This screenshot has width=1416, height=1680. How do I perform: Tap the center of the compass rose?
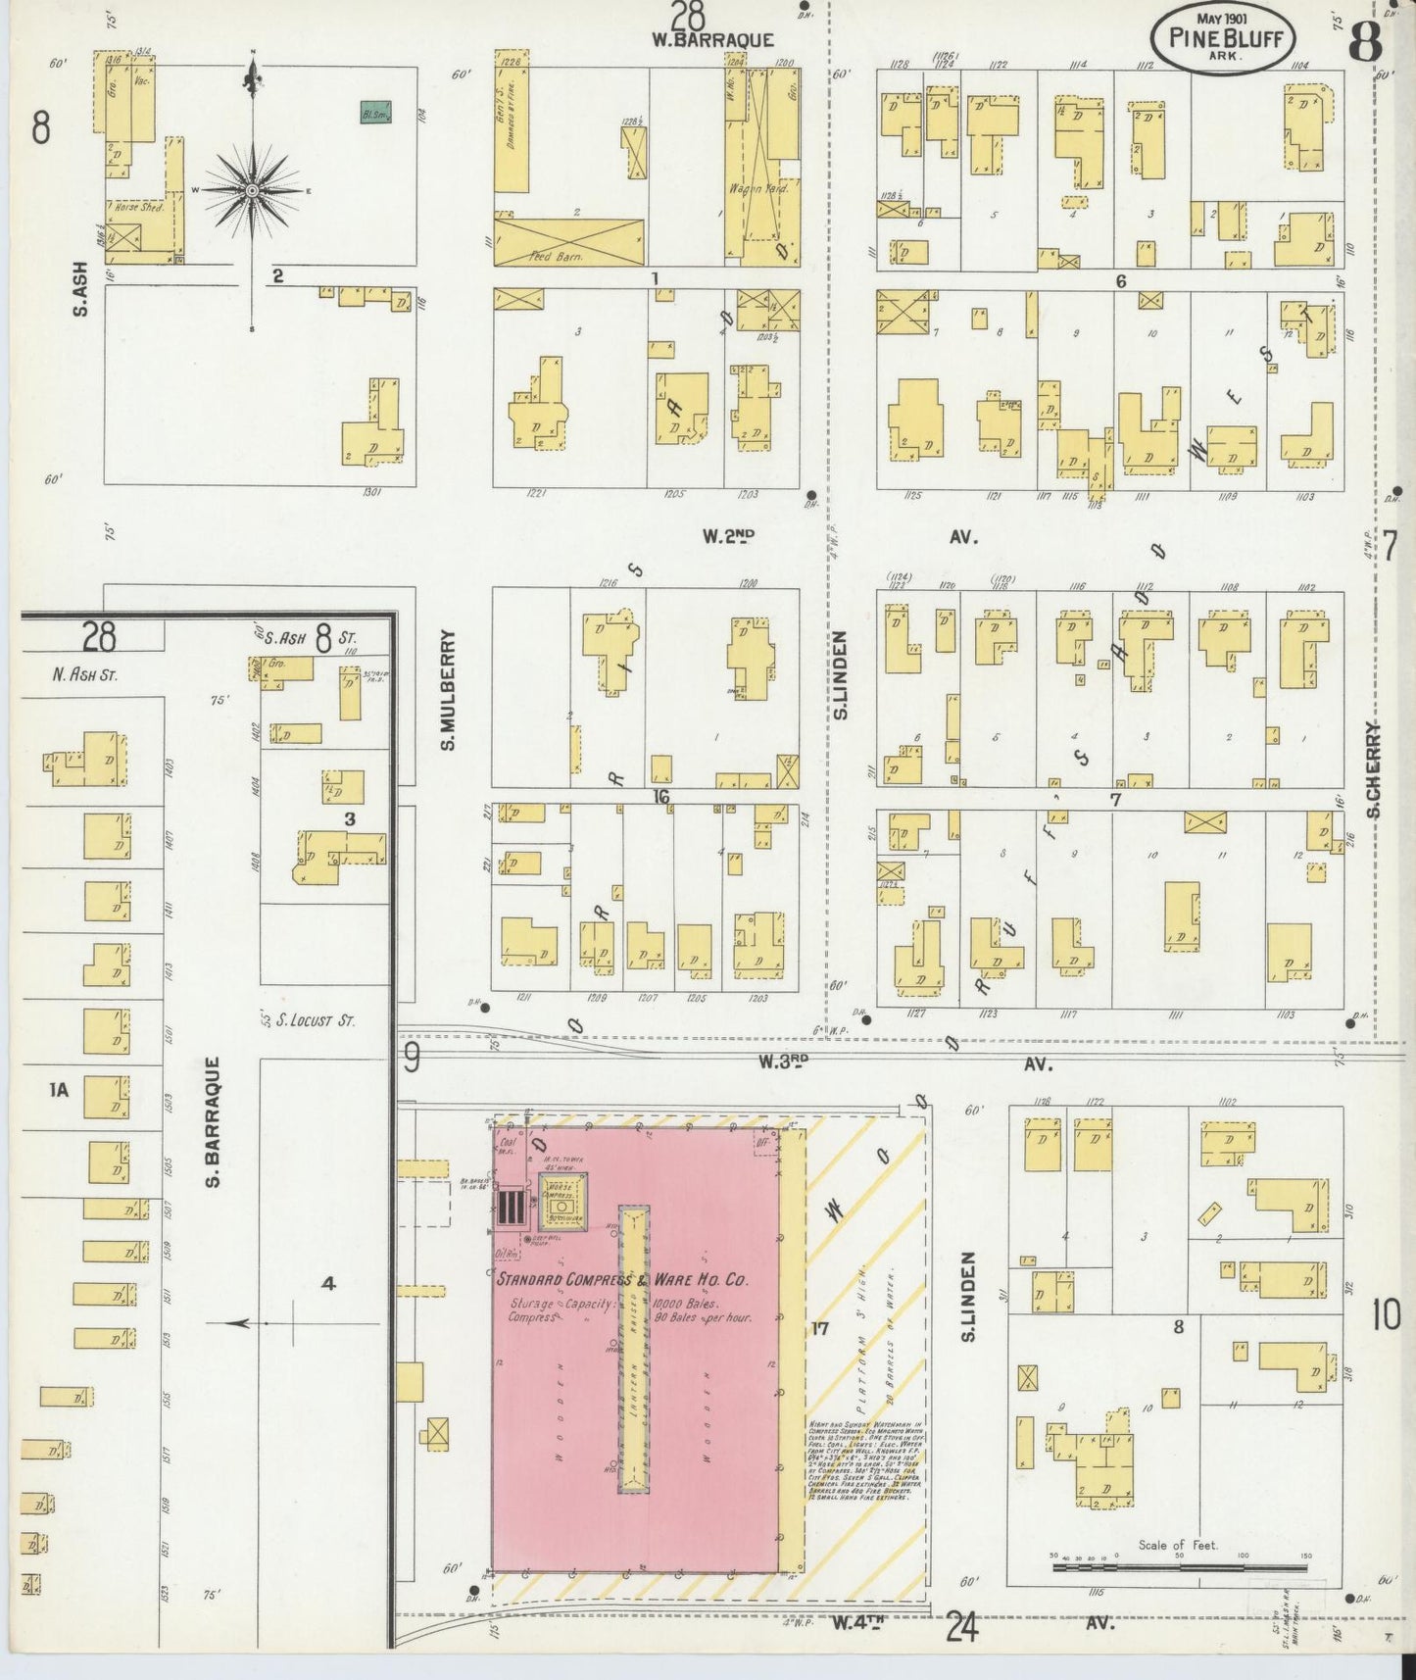(253, 189)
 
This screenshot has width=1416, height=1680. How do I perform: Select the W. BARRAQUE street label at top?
(712, 40)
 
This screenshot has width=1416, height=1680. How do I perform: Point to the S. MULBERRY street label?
(448, 690)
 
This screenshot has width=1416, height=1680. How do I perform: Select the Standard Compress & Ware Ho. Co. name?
(622, 1280)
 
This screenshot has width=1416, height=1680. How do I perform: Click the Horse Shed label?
(139, 208)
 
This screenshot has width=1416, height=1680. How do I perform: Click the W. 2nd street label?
(728, 536)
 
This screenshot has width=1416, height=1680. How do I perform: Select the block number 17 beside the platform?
(819, 1329)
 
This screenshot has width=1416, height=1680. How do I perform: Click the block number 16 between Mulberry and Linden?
(661, 797)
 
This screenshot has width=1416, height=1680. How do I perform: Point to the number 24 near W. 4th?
(962, 1628)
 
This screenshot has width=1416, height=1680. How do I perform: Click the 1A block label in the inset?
(59, 1089)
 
